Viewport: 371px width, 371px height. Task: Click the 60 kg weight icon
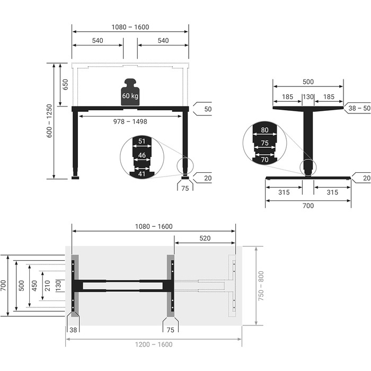(x=130, y=92)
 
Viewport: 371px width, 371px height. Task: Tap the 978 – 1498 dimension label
(x=130, y=121)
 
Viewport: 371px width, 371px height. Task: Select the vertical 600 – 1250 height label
(x=49, y=121)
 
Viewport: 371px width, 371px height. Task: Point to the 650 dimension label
(x=65, y=84)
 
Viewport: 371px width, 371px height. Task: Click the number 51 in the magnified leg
(x=142, y=142)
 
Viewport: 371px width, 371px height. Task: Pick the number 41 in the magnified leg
(x=142, y=174)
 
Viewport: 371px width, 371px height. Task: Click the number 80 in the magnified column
(x=265, y=130)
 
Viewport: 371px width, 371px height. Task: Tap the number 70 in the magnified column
(x=265, y=160)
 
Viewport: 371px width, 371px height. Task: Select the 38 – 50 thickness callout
(x=359, y=108)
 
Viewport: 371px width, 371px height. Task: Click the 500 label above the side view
(x=308, y=82)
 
